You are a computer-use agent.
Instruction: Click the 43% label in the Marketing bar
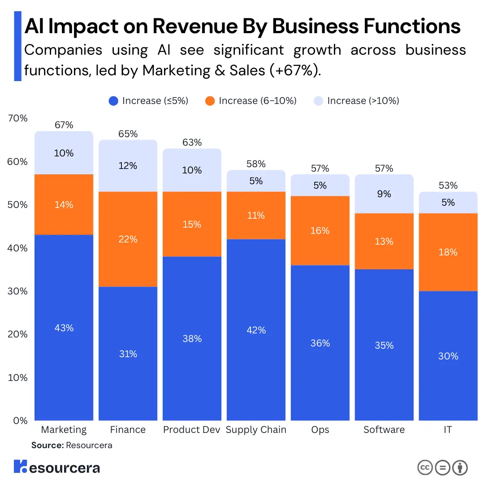(64, 328)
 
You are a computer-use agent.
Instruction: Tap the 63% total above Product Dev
(192, 143)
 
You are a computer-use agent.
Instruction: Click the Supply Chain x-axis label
(256, 430)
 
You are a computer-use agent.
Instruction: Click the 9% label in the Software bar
(384, 194)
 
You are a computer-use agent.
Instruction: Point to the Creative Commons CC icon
(425, 467)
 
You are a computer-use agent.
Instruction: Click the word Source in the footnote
(47, 445)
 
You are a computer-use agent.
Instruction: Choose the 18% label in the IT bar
(448, 252)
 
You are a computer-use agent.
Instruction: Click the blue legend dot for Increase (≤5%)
(114, 101)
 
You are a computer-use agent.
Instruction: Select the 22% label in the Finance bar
(128, 239)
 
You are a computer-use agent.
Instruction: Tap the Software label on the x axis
(384, 430)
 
